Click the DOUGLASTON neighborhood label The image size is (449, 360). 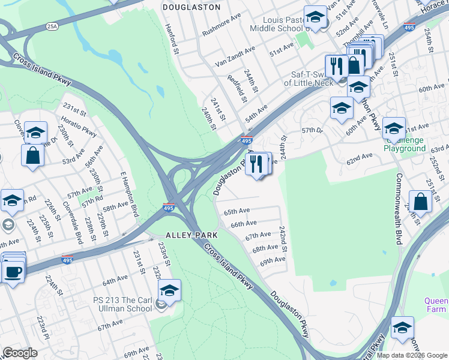[x=191, y=7]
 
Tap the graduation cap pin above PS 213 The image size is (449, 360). [x=170, y=291]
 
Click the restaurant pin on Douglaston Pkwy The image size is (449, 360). [x=257, y=163]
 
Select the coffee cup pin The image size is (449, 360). [x=13, y=271]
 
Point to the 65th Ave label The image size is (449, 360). [x=237, y=212]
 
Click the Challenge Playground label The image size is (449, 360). [x=404, y=144]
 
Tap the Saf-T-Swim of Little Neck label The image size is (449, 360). [x=312, y=79]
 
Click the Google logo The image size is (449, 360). [x=20, y=353]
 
